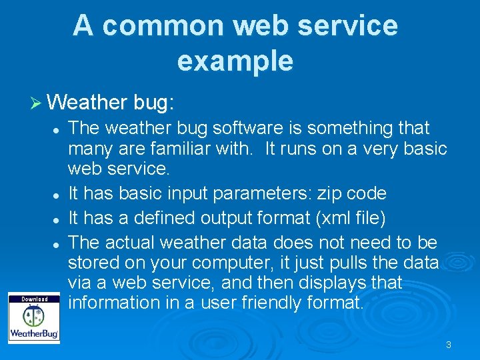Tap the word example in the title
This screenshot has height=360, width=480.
tap(235, 61)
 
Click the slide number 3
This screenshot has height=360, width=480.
tap(449, 345)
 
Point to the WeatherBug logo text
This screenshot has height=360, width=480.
tap(33, 332)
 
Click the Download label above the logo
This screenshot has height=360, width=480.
tap(34, 299)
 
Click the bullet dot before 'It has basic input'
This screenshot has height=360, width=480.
tap(59, 195)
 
